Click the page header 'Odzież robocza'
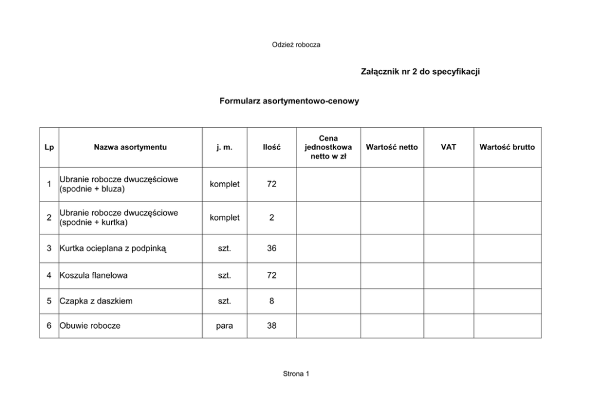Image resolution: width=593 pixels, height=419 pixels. pyautogui.click(x=296, y=45)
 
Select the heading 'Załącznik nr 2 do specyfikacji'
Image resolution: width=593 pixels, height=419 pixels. pyautogui.click(x=421, y=72)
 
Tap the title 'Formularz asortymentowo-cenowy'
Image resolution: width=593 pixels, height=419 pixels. pyautogui.click(x=289, y=102)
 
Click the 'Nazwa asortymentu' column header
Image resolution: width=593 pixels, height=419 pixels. pyautogui.click(x=130, y=147)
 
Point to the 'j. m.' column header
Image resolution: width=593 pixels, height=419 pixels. pyautogui.click(x=225, y=147)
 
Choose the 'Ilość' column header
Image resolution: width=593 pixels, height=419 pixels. pyautogui.click(x=271, y=147)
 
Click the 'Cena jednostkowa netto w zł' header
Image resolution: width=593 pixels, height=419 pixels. pyautogui.click(x=328, y=147)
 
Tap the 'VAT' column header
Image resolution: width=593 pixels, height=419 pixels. pyautogui.click(x=448, y=147)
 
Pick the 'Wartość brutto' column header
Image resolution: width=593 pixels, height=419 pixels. pyautogui.click(x=507, y=147)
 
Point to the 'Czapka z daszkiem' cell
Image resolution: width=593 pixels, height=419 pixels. pyautogui.click(x=96, y=301)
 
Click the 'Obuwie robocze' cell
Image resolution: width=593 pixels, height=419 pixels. pyautogui.click(x=90, y=326)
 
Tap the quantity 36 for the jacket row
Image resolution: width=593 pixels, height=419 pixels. pyautogui.click(x=271, y=248)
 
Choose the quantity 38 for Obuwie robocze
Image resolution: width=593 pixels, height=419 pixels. pyautogui.click(x=271, y=326)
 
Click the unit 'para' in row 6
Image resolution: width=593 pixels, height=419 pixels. pyautogui.click(x=225, y=326)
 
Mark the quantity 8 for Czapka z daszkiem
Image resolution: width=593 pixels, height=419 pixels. pyautogui.click(x=271, y=301)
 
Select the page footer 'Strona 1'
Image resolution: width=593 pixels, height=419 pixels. pyautogui.click(x=296, y=374)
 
